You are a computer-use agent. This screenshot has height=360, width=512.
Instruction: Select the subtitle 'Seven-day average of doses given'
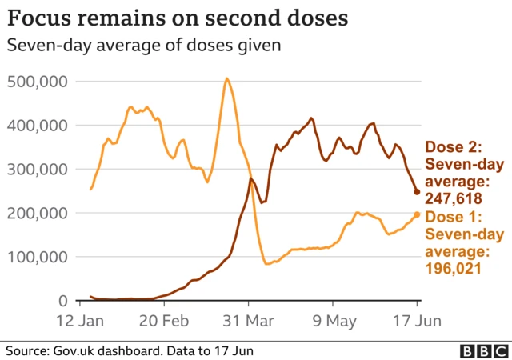(x=143, y=46)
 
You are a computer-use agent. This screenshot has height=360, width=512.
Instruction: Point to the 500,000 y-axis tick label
(x=38, y=82)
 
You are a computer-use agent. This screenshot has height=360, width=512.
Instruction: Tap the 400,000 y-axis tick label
(x=38, y=126)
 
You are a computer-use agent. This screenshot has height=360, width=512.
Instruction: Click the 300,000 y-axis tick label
(x=38, y=170)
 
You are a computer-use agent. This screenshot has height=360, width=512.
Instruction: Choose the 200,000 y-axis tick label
(x=38, y=214)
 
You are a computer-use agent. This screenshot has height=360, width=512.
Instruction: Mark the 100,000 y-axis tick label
(x=38, y=258)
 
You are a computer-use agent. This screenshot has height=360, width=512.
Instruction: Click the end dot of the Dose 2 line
(x=417, y=191)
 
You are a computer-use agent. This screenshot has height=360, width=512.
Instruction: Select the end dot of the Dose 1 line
(x=417, y=214)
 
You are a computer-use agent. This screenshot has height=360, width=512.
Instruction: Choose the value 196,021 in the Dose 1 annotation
(x=453, y=269)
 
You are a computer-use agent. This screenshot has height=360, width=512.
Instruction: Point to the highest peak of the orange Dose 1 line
(x=227, y=78)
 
